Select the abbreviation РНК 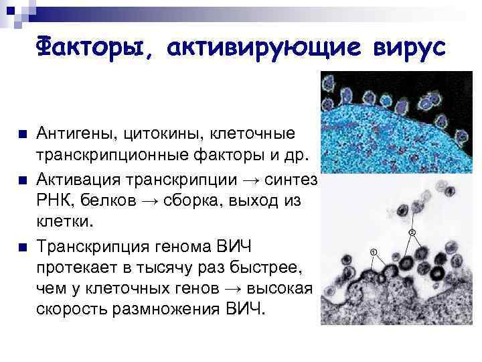[x=52, y=201]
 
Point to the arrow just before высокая [x=250, y=289]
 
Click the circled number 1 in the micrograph [x=374, y=253]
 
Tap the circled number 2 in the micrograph [x=412, y=233]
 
